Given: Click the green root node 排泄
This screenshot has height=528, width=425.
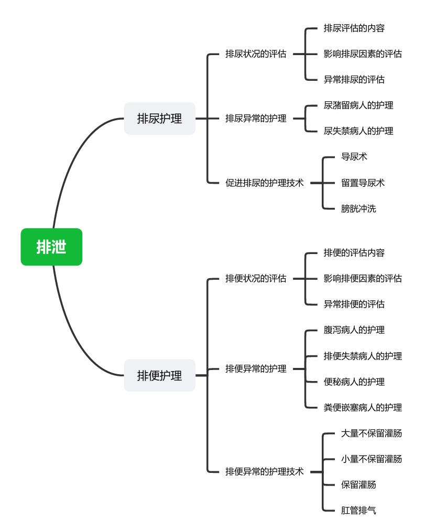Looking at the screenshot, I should point(51,247).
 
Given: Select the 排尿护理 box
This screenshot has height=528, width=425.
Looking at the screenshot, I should point(159,119).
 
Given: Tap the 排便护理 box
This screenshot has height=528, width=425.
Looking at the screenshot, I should point(159,375).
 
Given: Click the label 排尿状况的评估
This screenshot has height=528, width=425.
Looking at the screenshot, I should point(256,54).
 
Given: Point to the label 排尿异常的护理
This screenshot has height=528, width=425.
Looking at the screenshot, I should point(256,119).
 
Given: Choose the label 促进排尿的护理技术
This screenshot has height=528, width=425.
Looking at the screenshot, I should point(264,183).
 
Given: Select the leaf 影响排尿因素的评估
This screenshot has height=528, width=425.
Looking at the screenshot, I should point(363,54).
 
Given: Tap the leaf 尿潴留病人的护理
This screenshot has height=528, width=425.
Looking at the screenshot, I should point(358,105).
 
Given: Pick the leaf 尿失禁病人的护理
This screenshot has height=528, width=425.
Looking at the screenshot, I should point(358,131).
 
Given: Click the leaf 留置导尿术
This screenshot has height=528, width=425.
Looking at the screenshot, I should point(363,183).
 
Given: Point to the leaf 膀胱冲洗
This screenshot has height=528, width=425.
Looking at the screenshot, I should point(358,209).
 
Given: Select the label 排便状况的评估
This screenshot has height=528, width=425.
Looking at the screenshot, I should point(256,278).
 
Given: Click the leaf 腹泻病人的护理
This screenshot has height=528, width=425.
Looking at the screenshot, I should point(354,330).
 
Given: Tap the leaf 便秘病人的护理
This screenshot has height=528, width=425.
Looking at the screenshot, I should point(354,382).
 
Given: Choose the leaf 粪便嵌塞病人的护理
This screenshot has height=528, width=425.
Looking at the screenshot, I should point(363,408).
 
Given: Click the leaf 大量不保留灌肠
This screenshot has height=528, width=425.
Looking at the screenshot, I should point(372,434).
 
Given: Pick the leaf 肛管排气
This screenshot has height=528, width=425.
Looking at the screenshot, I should point(358,510).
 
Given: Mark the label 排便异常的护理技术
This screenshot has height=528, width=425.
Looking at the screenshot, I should point(264,472).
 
